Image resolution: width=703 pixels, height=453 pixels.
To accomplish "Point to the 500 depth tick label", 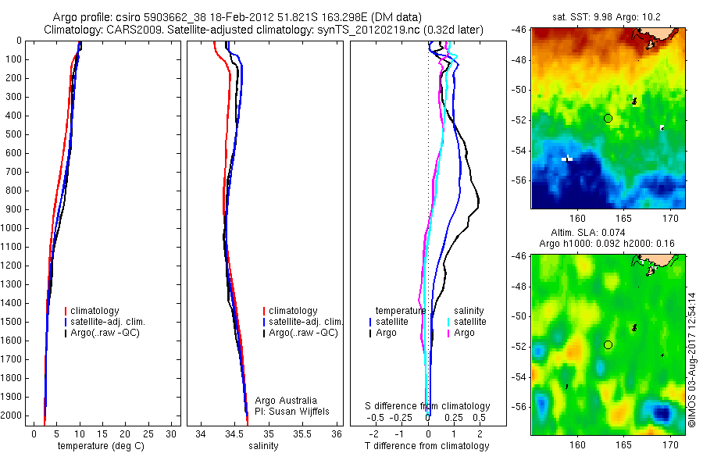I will point(12,134).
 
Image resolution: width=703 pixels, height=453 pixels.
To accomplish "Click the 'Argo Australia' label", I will point(286,400).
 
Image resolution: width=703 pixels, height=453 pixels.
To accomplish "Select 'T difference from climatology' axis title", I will point(426,446).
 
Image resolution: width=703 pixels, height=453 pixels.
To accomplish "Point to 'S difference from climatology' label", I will point(427,406).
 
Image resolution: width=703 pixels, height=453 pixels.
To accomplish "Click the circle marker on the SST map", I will point(608,118).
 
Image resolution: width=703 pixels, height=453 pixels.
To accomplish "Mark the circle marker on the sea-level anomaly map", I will point(608,344).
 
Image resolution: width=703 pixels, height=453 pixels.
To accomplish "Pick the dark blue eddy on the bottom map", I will point(662,412).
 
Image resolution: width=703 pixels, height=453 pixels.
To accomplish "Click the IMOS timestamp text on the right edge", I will point(692,360).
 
